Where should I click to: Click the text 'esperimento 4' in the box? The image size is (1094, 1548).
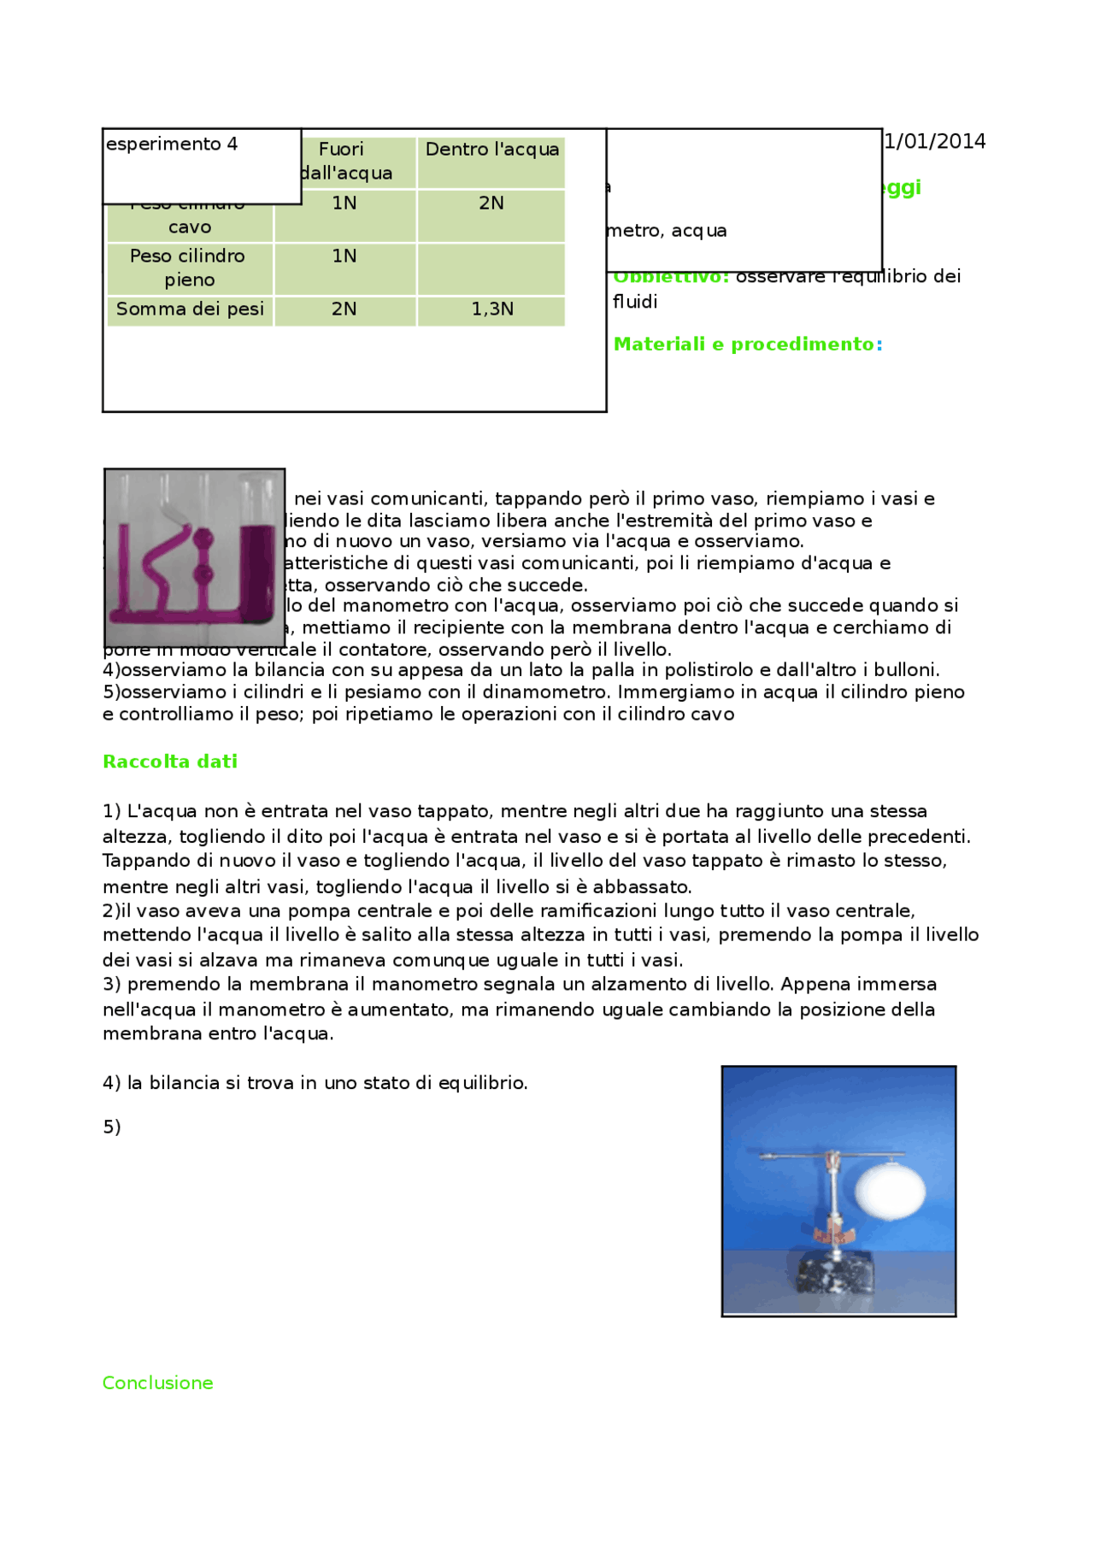172,144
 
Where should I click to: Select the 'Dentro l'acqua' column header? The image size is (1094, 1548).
491,150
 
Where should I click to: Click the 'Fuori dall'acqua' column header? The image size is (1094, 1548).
344,161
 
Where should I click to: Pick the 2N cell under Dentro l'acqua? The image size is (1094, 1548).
491,203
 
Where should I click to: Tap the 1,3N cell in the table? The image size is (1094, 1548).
492,309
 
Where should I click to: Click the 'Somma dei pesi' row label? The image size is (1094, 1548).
190,309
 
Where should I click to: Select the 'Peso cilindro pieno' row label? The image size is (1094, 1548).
188,268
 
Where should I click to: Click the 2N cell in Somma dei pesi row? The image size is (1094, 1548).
344,309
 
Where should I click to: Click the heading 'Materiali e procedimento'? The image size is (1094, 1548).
744,344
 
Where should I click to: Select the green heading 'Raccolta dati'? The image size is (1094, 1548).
170,762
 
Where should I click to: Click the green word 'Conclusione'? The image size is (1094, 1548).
158,1383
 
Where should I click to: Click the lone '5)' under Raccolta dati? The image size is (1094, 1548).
112,1127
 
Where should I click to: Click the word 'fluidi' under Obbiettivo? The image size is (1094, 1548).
635,302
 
